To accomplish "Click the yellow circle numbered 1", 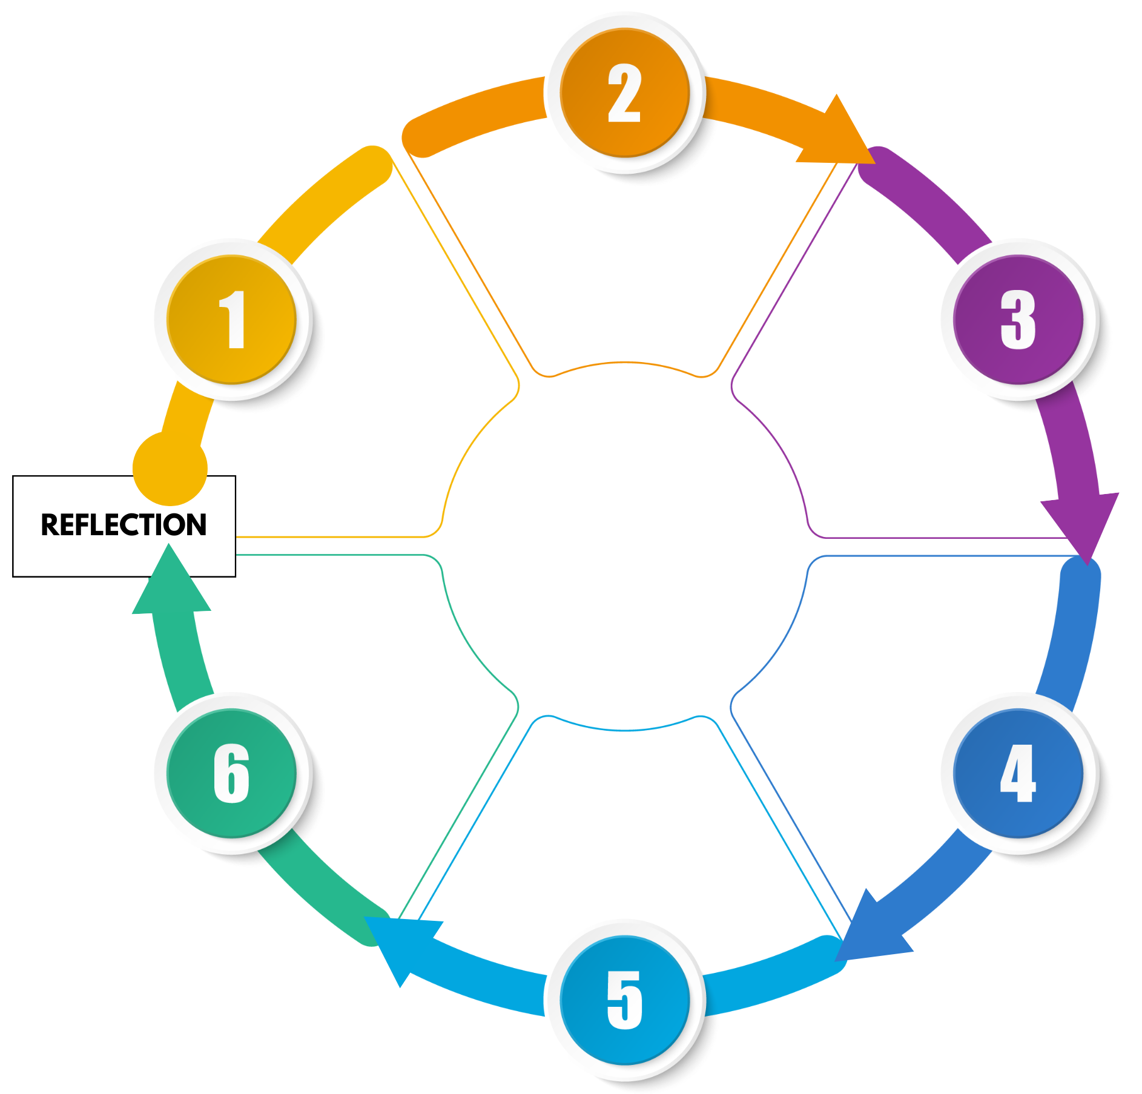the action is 231,319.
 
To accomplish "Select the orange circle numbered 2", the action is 624,93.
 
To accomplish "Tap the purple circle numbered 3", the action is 1018,319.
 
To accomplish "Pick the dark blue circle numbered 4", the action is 1018,773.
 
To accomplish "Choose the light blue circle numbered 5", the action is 624,1000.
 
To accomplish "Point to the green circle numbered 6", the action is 231,773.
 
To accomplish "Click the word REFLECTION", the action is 124,525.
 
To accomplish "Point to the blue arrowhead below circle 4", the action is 860,926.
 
